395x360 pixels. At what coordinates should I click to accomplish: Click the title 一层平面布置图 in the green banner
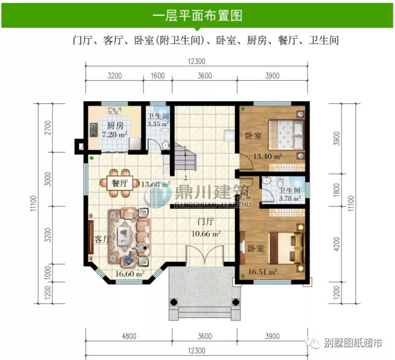tap(197, 16)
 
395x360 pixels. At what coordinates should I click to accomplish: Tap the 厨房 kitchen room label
tap(115, 125)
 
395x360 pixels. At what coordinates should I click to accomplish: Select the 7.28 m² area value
tap(114, 135)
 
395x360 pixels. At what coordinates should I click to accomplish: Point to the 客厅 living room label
tap(102, 239)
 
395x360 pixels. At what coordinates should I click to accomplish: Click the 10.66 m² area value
tap(206, 233)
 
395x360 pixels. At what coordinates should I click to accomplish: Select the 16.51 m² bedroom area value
tap(262, 271)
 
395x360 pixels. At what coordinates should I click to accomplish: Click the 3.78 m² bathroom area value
tap(290, 197)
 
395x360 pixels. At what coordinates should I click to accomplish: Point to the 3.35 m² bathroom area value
tap(158, 124)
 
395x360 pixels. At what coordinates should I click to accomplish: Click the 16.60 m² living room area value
tap(129, 274)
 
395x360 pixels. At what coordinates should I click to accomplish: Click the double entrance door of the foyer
tap(205, 256)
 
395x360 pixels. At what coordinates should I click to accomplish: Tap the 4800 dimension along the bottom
tap(129, 336)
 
